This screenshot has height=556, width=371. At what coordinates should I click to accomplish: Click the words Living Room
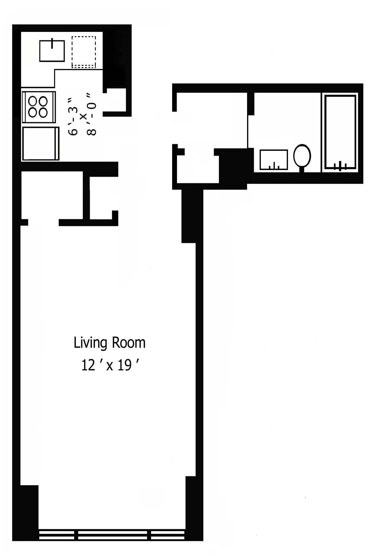tap(109, 343)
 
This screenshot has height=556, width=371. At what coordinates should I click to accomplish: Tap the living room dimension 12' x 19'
tap(110, 365)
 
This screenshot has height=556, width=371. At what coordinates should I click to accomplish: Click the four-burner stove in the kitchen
tap(39, 107)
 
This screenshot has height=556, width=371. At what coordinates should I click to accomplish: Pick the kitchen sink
tap(52, 51)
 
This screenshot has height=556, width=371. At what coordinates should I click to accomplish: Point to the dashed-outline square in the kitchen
tap(83, 52)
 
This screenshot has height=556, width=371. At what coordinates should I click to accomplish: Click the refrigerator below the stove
tap(40, 143)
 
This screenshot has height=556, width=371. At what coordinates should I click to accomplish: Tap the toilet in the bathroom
tap(302, 157)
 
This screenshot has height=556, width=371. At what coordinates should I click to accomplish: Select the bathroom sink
tap(274, 160)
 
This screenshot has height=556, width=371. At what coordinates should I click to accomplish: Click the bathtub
tap(340, 132)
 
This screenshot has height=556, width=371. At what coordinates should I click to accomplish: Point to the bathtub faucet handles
tap(340, 166)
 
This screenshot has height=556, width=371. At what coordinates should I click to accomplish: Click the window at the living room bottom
tap(112, 535)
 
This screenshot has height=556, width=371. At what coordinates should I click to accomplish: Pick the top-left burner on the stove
tap(33, 101)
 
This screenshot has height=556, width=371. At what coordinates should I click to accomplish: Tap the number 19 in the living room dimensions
tap(125, 365)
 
